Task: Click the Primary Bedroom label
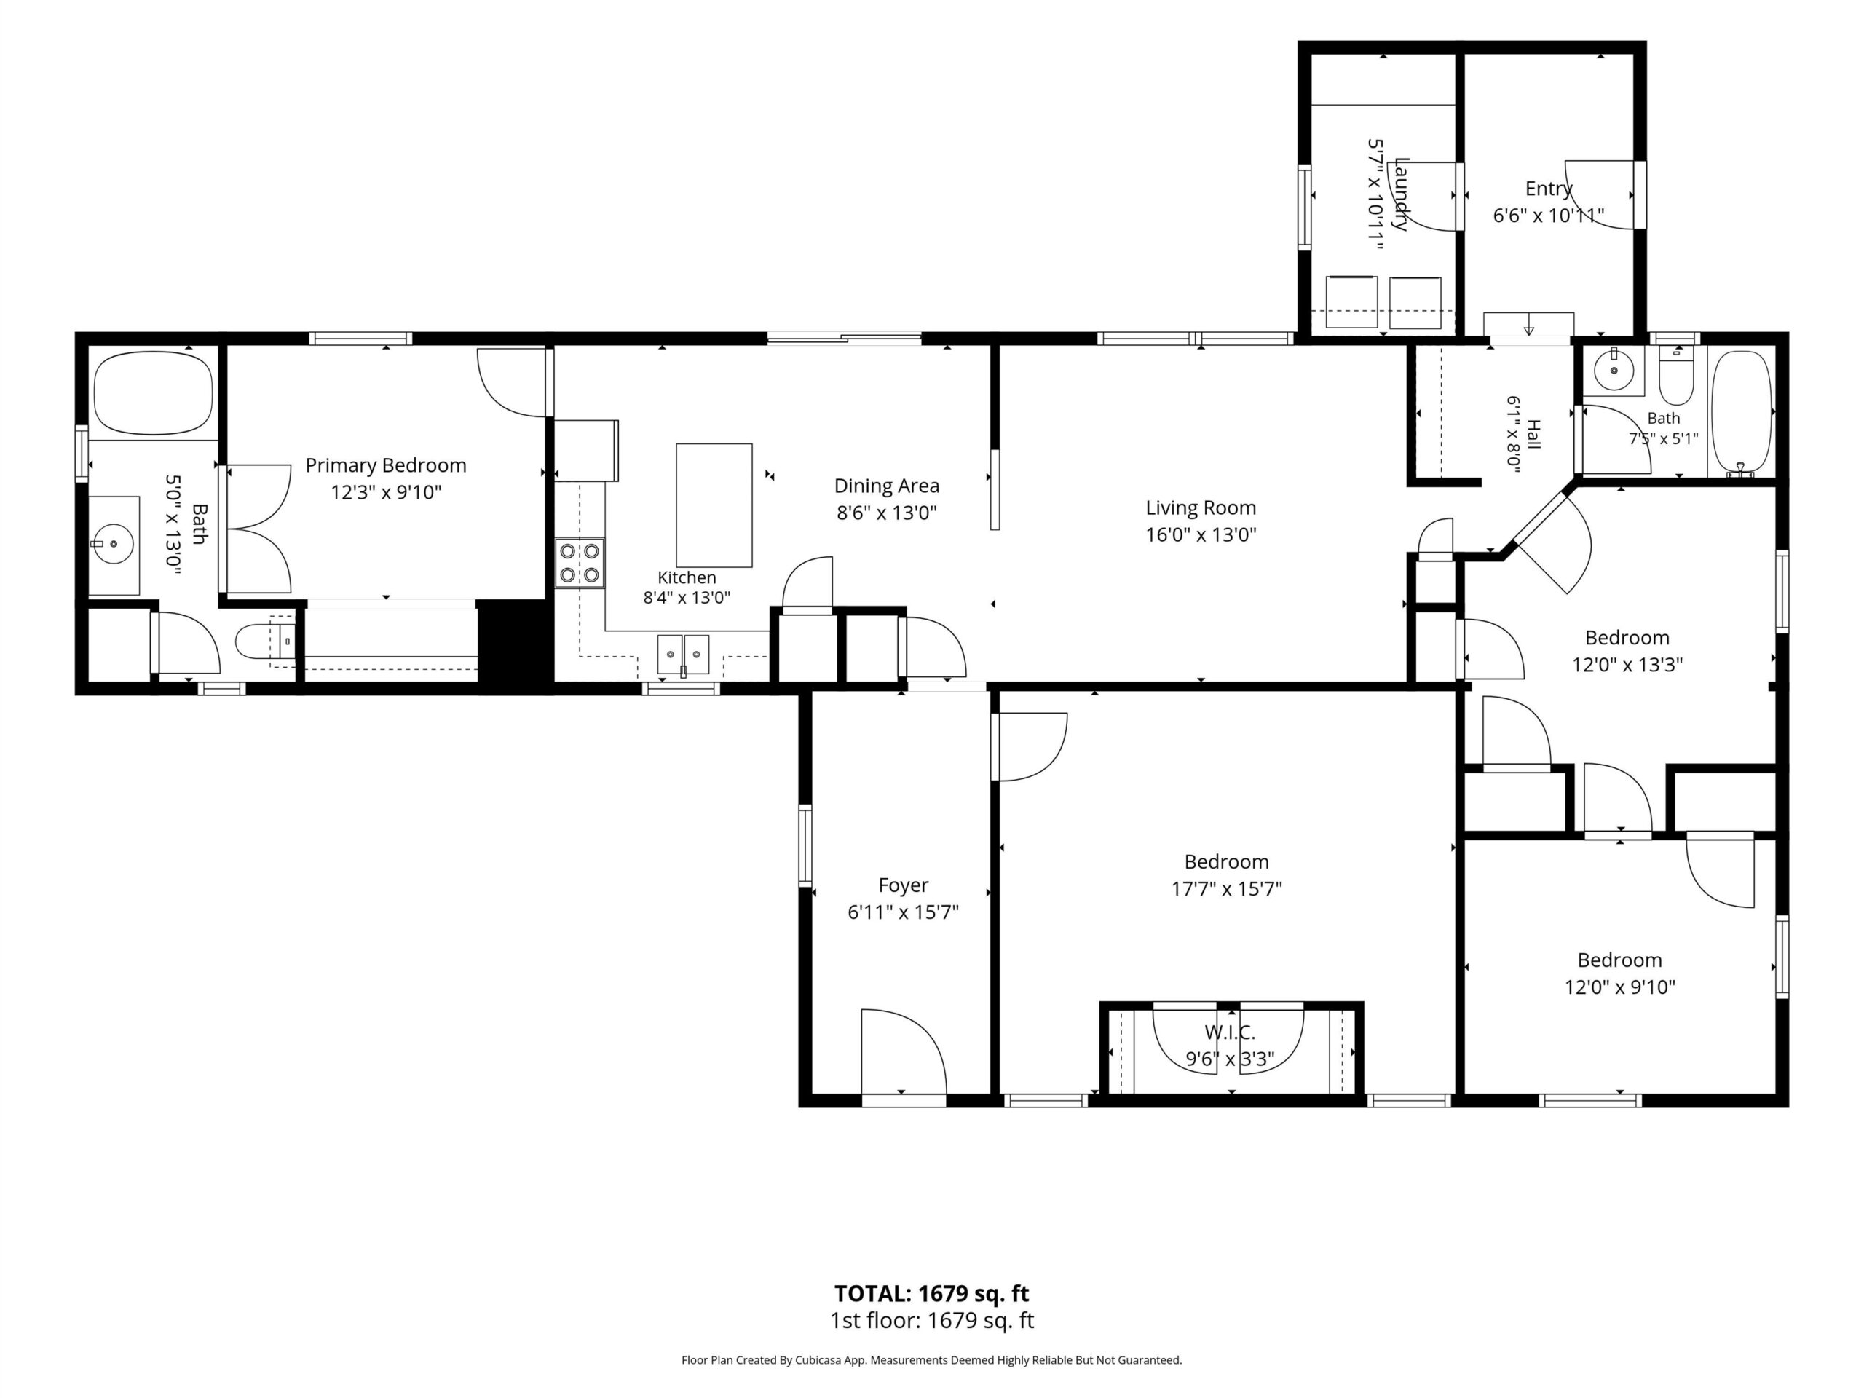pos(385,465)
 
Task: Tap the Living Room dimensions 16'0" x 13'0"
pos(1201,534)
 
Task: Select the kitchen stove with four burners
pos(580,563)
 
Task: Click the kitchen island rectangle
pos(714,505)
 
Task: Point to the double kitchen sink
pos(684,653)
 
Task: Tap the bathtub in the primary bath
pos(154,392)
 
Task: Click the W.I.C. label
pos(1230,1032)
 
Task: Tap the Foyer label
pos(904,885)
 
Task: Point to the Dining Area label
pos(887,486)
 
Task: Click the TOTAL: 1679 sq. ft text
pos(931,1292)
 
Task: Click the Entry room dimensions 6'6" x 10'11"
pos(1548,216)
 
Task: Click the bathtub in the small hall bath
pos(1742,412)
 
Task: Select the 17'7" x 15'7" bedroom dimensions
pos(1227,888)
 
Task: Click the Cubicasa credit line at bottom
pos(931,1359)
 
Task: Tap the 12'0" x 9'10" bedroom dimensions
pos(1619,987)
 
